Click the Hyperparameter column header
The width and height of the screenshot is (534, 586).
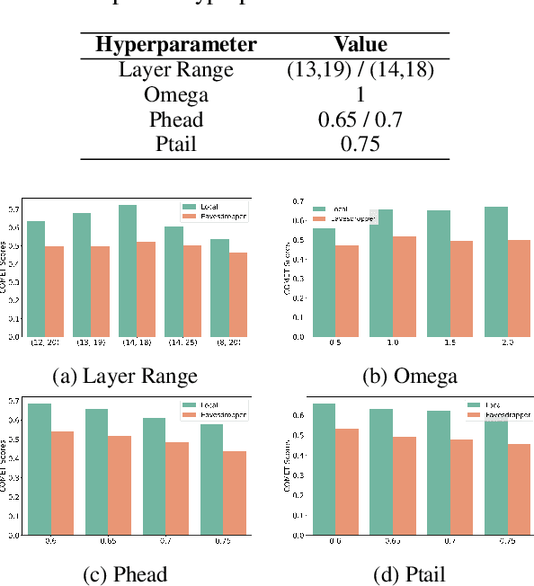tap(176, 44)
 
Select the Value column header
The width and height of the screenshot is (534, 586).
tap(360, 44)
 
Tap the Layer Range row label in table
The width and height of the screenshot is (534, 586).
tap(176, 69)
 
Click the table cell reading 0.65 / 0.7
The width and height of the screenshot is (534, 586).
tap(360, 120)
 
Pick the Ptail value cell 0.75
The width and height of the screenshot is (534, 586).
tap(360, 145)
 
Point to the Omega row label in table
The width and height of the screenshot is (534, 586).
tap(176, 94)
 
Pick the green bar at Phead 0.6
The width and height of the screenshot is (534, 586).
tap(40, 468)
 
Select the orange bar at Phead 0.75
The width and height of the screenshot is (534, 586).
tap(235, 493)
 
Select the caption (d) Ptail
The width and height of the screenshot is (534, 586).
tap(409, 574)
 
